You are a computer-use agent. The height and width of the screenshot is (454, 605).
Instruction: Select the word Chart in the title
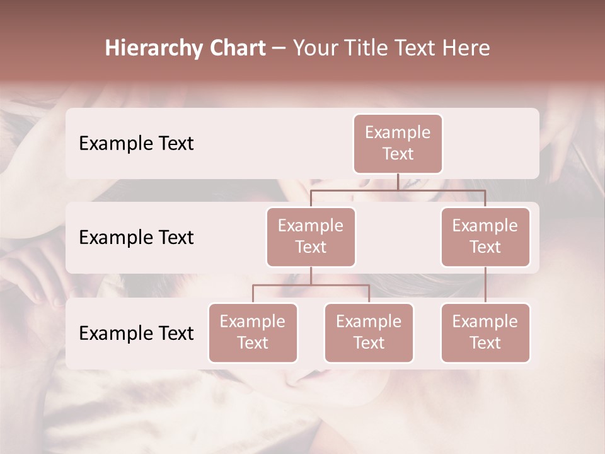pos(234,48)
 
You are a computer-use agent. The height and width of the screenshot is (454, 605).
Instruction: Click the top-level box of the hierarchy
pos(398,143)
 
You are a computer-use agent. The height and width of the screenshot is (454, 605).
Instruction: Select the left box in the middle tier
pos(311,236)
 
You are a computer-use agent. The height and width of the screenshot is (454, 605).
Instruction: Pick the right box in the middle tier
pos(485,236)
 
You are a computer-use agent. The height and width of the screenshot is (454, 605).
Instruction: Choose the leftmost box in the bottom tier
pos(253,332)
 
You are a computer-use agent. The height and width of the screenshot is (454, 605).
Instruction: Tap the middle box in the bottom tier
pos(369,332)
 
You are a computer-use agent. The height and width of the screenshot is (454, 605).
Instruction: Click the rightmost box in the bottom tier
pos(485,332)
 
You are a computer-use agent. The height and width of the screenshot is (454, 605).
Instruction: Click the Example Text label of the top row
pos(136,144)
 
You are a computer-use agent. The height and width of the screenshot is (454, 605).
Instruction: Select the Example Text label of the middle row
pos(136,238)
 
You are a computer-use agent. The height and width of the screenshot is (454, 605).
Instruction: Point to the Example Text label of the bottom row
pos(136,334)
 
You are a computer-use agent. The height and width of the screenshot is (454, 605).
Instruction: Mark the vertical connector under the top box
pos(398,182)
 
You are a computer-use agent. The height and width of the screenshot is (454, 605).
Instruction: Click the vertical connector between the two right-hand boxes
pos(485,284)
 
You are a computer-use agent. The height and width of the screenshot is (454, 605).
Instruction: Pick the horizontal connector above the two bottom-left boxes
pos(311,285)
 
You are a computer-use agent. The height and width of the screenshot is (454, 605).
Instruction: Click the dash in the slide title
pos(279,49)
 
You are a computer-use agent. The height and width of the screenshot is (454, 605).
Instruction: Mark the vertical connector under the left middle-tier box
pos(311,276)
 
